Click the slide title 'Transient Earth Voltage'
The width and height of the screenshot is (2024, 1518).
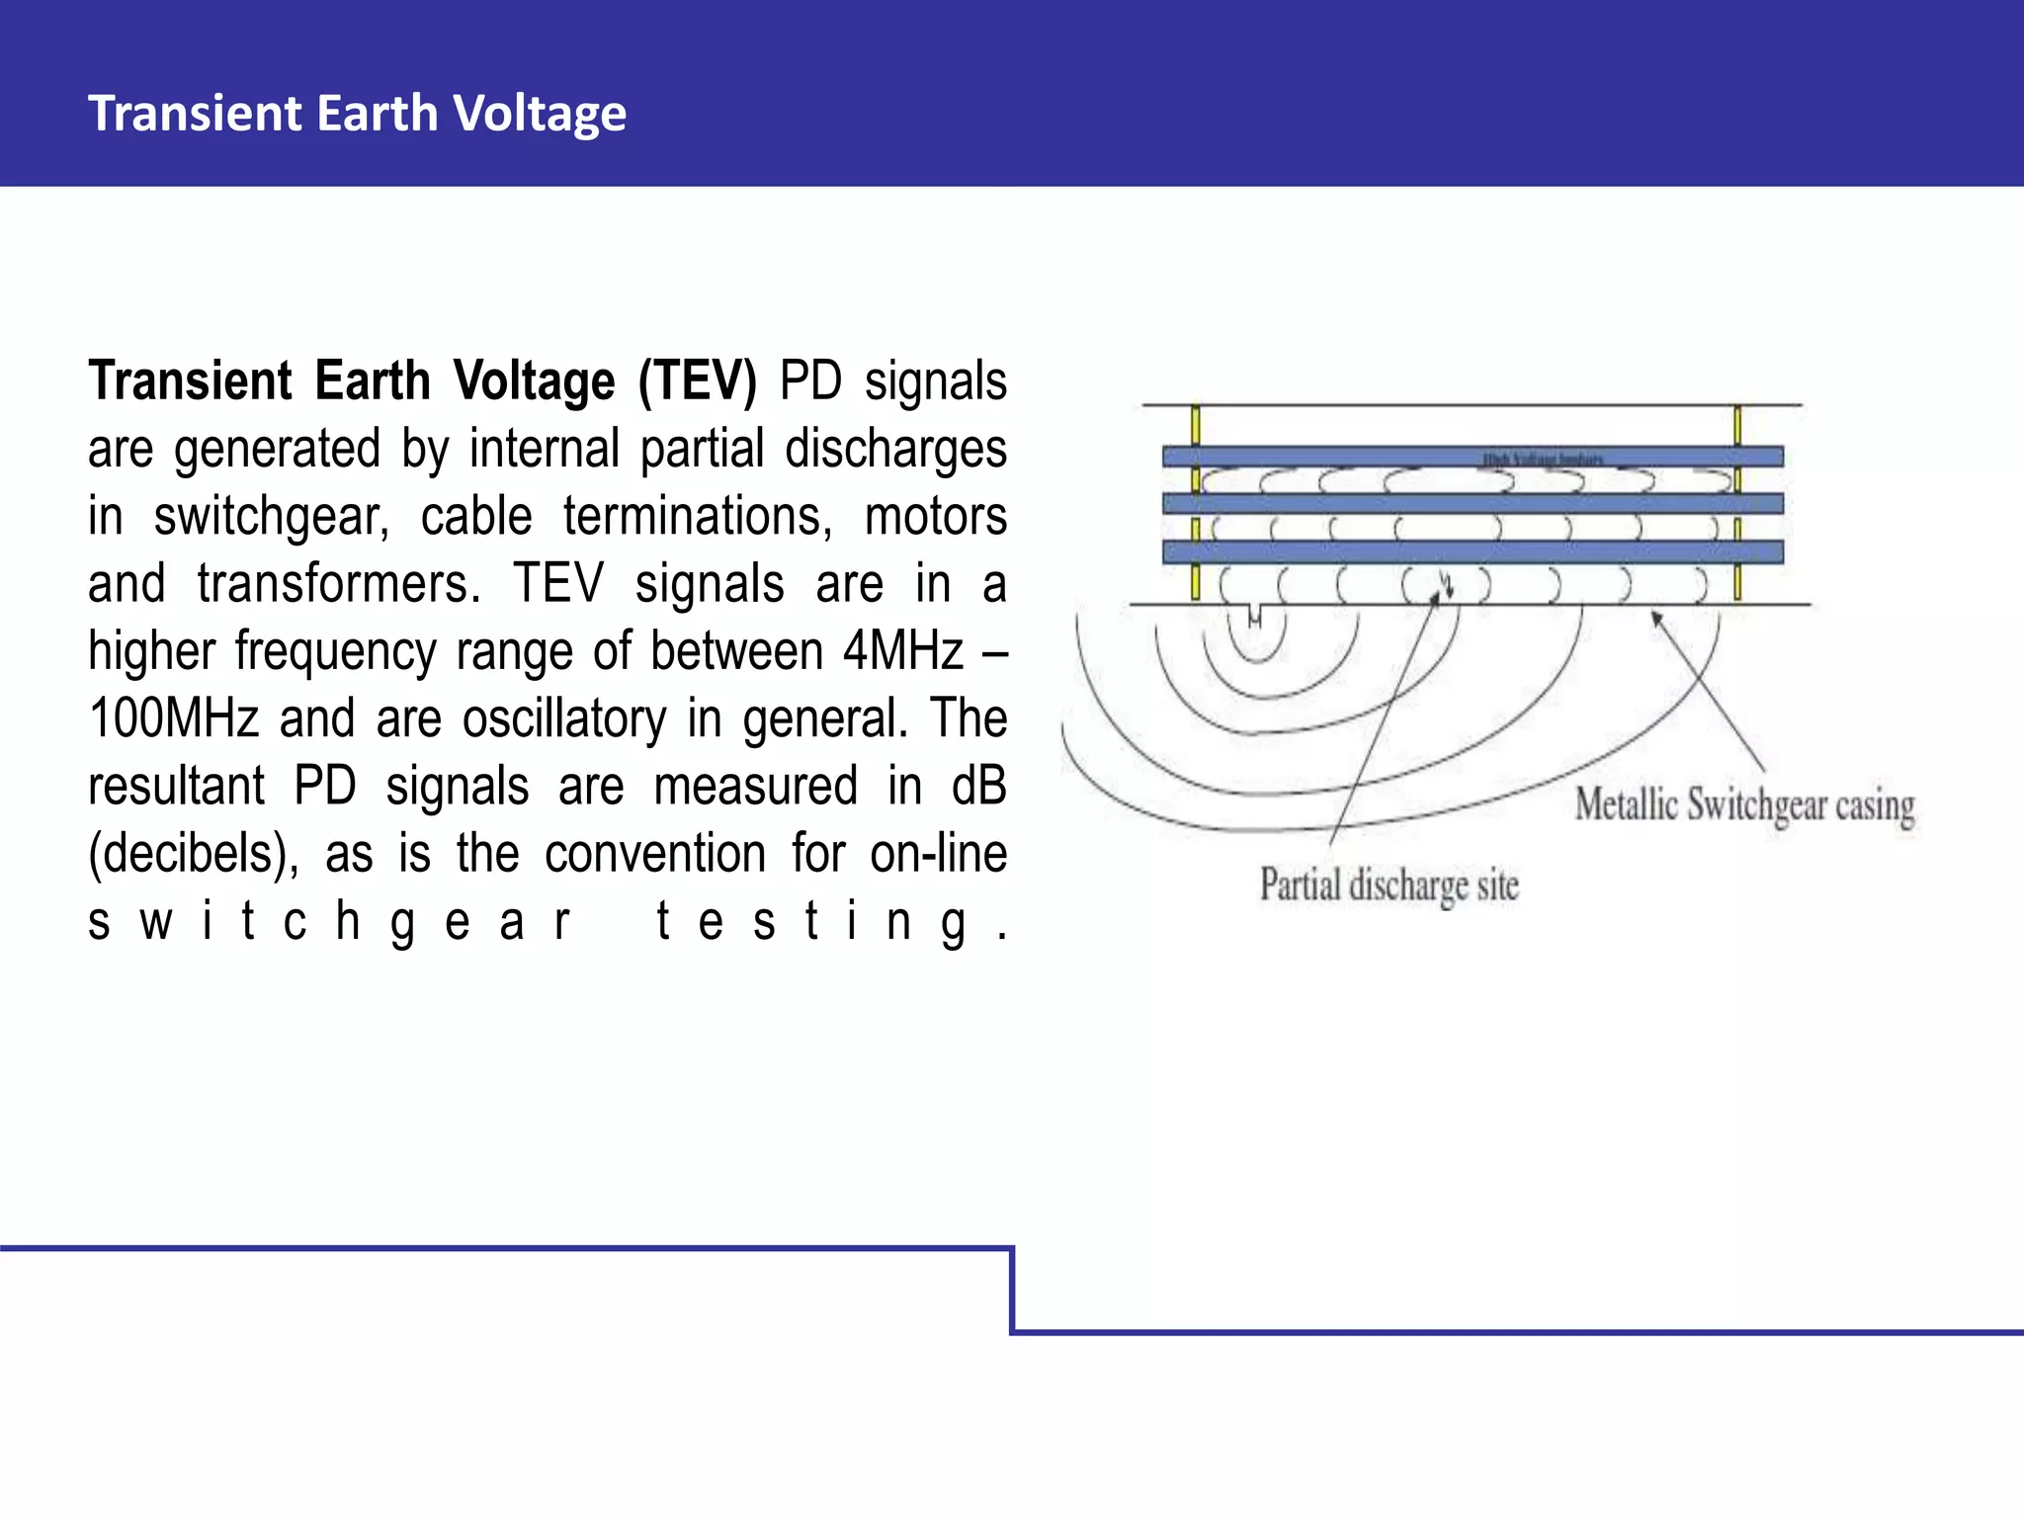[357, 113]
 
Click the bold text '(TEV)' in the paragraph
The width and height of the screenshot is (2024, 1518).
[697, 381]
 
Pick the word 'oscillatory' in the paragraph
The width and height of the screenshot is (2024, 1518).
[564, 718]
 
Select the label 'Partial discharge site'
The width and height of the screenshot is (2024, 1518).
[1389, 885]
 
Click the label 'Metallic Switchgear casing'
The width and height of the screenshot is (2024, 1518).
[1744, 804]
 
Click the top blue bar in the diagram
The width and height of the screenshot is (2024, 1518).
[1473, 457]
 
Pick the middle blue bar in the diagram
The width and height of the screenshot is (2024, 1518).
[1473, 504]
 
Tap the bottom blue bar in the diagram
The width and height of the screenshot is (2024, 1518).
[1473, 551]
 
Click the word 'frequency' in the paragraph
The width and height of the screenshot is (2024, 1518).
[335, 651]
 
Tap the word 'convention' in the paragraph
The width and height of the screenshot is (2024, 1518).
[655, 854]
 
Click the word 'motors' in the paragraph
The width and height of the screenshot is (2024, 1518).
[935, 517]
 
